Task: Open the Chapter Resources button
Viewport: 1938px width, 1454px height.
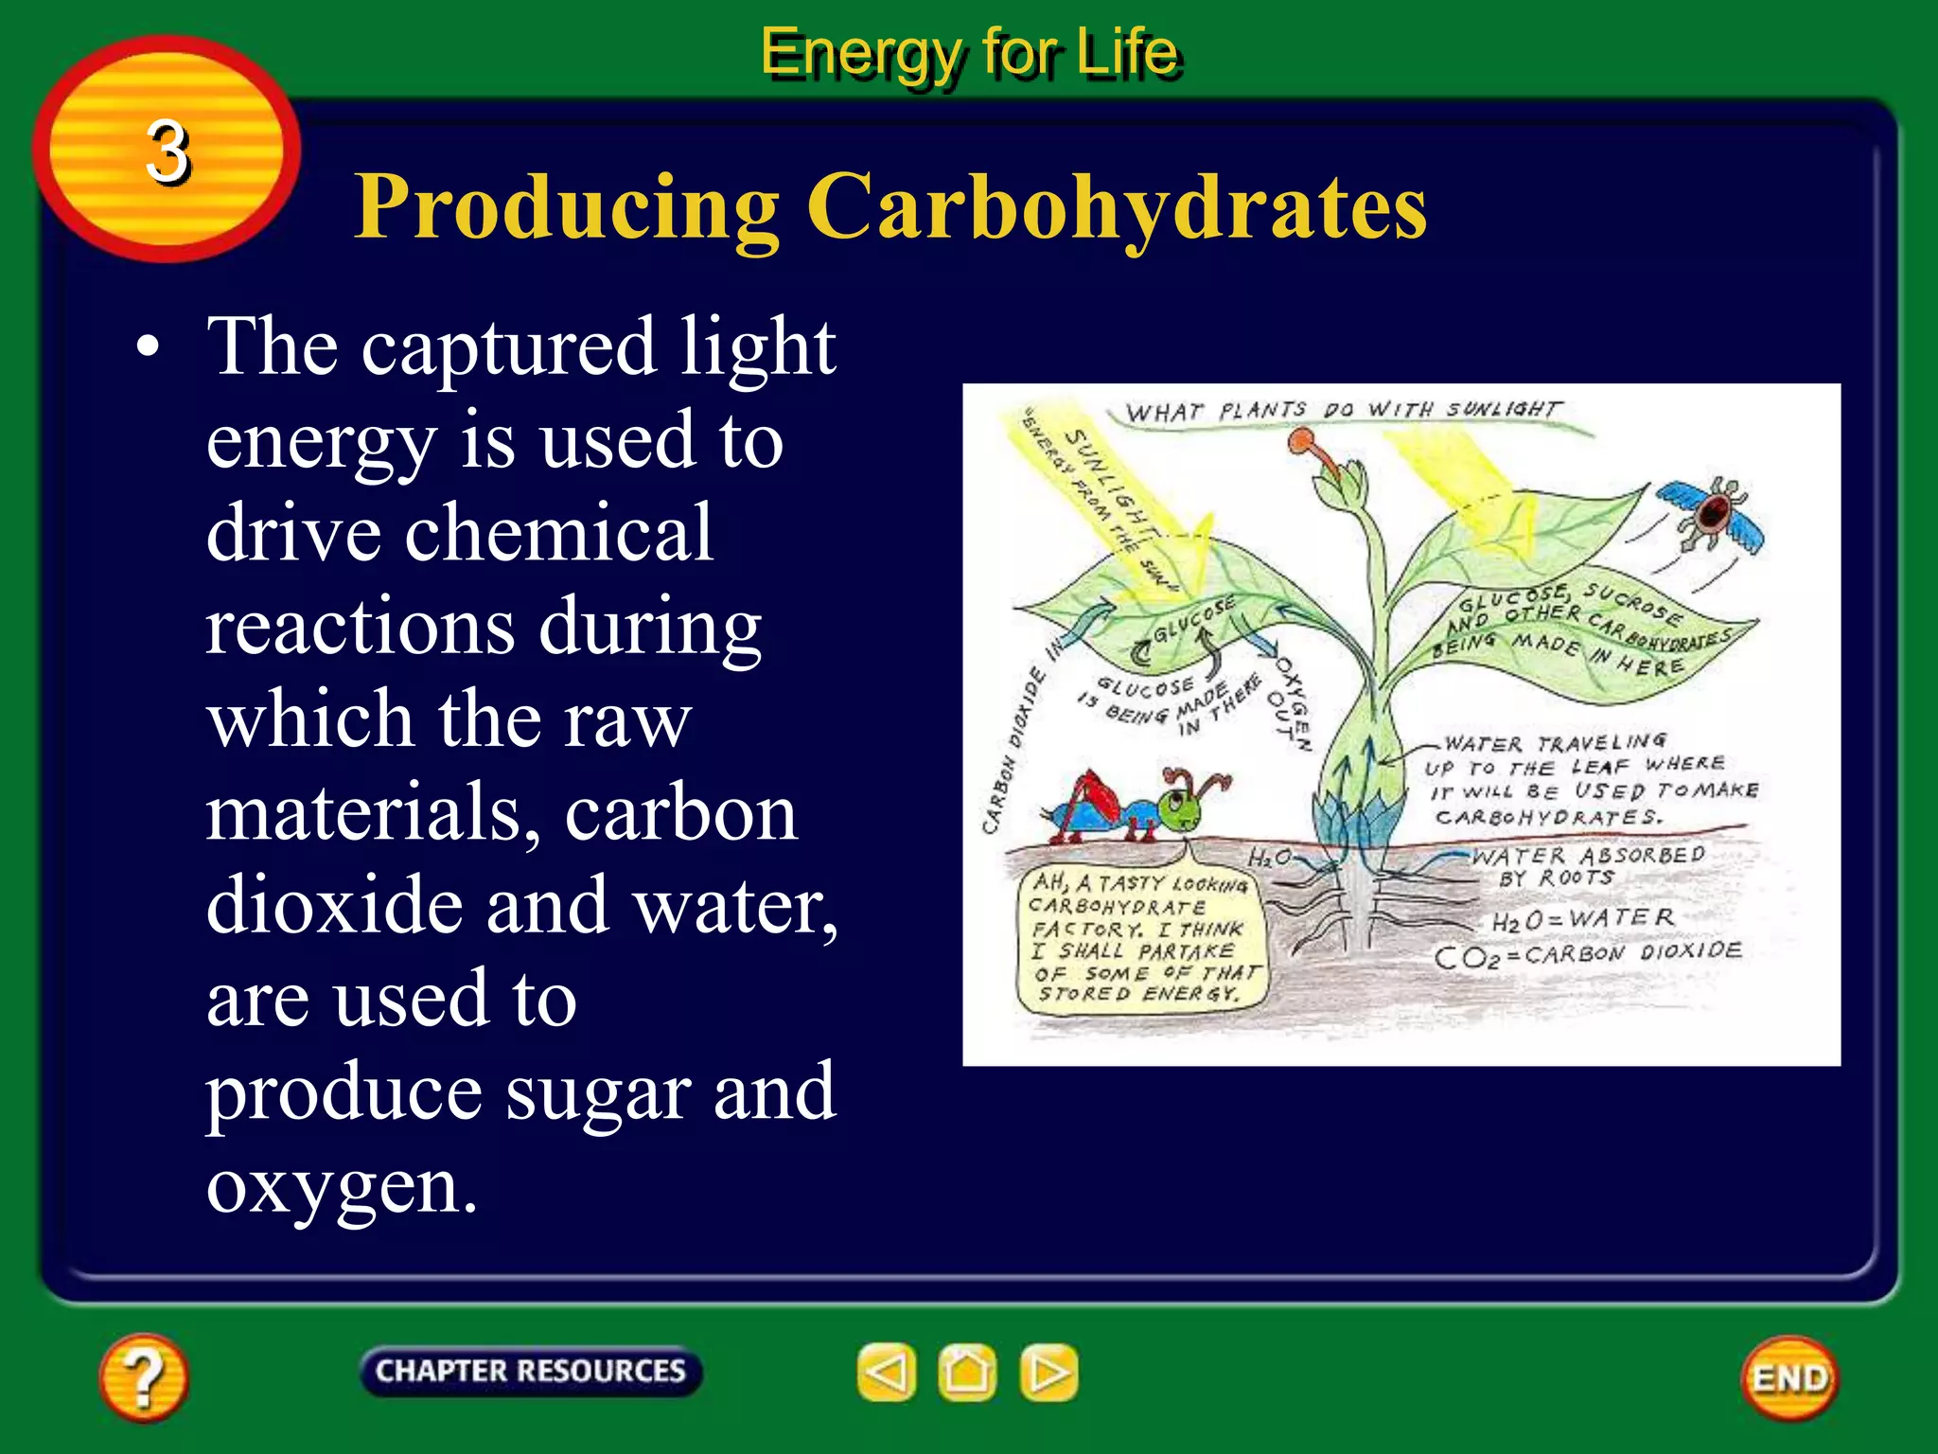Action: [x=530, y=1371]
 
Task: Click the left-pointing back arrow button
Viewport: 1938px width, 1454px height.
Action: [x=887, y=1372]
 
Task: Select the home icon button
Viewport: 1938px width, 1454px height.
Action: [x=967, y=1372]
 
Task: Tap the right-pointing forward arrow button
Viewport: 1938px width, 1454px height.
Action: [x=1048, y=1372]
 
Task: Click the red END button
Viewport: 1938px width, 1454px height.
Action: [x=1789, y=1378]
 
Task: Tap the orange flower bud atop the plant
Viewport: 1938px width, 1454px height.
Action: [x=1304, y=441]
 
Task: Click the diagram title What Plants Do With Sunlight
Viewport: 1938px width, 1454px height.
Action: [x=1344, y=410]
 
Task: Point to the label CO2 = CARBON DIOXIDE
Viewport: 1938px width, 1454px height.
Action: [x=1588, y=954]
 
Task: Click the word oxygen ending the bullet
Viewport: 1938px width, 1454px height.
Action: [x=341, y=1185]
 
